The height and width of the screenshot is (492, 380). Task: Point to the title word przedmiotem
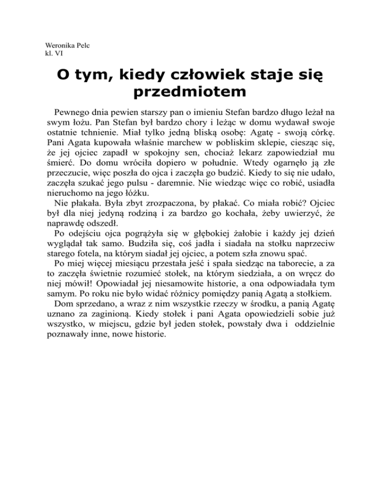pos(190,92)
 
